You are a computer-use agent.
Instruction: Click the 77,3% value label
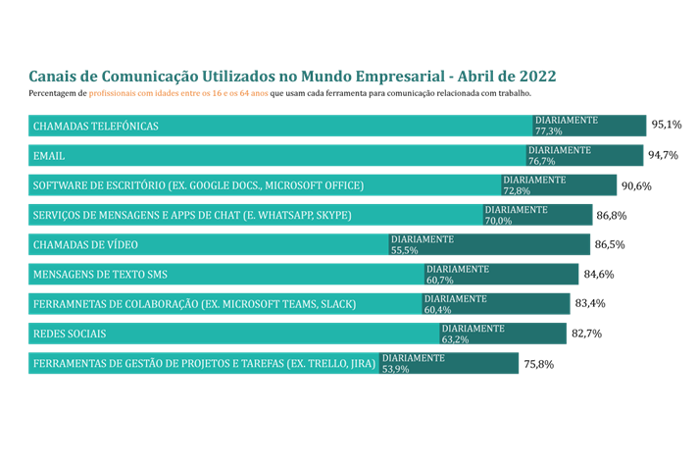[x=549, y=131]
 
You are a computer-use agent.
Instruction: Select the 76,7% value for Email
[x=542, y=161]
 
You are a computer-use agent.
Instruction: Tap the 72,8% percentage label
[x=517, y=191]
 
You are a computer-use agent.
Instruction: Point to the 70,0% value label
[x=498, y=221]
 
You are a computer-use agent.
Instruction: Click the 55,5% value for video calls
[x=405, y=250]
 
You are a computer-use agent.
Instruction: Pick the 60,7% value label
[x=439, y=281]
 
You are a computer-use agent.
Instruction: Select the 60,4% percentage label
[x=437, y=310]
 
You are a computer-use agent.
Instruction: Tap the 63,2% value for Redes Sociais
[x=456, y=339]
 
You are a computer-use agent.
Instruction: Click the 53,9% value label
[x=395, y=369]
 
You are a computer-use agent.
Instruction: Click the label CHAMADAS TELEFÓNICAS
[x=96, y=127]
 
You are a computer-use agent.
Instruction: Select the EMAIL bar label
[x=48, y=156]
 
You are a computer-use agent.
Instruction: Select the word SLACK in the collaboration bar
[x=334, y=304]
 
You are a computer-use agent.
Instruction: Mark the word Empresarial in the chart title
[x=397, y=77]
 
